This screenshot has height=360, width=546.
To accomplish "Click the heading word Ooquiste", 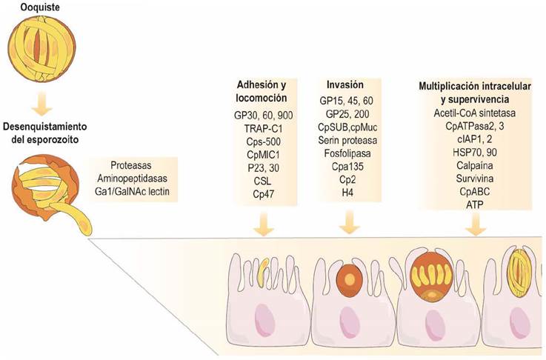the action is (x=40, y=7).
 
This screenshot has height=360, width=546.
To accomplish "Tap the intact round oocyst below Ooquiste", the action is (x=41, y=47).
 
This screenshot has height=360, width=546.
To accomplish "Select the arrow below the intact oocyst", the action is (x=41, y=104).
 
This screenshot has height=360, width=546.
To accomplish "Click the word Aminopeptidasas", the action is (x=133, y=179).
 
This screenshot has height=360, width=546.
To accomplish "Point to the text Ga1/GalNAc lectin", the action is (x=132, y=192).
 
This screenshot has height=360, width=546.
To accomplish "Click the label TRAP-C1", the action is (x=263, y=128).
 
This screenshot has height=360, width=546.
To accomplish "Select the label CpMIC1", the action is (x=263, y=155).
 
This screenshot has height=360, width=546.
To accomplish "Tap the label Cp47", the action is (x=263, y=194).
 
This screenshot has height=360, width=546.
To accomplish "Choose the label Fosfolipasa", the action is (x=347, y=153).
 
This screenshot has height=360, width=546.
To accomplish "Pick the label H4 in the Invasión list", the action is (x=347, y=193).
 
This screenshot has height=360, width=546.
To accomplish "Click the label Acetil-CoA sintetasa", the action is (x=475, y=113).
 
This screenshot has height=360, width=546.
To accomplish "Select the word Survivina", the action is (x=475, y=179).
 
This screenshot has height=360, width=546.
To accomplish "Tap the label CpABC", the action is (x=475, y=192).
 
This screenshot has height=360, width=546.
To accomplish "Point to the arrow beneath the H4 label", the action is (x=349, y=223).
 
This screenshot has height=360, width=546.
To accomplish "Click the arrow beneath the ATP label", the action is (x=476, y=224).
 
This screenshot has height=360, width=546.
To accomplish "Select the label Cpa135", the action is (x=347, y=167).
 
